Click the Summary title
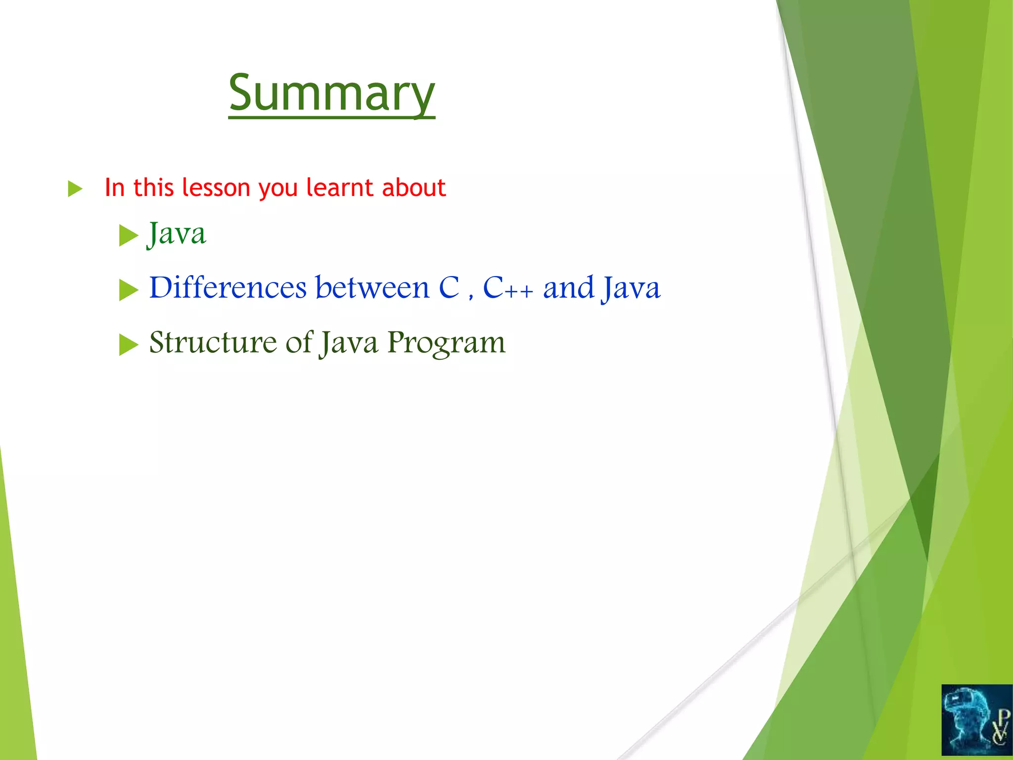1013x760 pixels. click(x=331, y=93)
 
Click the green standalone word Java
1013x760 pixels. click(x=177, y=234)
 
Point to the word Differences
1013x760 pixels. click(x=228, y=287)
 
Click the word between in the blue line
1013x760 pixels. click(x=372, y=287)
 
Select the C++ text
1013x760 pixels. click(x=507, y=287)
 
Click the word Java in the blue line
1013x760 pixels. click(x=631, y=288)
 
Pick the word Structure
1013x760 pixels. click(x=213, y=342)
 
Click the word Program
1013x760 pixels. click(x=446, y=343)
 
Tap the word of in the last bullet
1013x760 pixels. click(x=299, y=342)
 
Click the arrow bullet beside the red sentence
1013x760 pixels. click(x=75, y=189)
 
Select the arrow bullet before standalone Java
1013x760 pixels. click(x=128, y=235)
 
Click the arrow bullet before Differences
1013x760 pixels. click(x=128, y=289)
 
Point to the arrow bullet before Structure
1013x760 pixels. click(x=128, y=344)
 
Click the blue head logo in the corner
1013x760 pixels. click(x=976, y=721)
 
